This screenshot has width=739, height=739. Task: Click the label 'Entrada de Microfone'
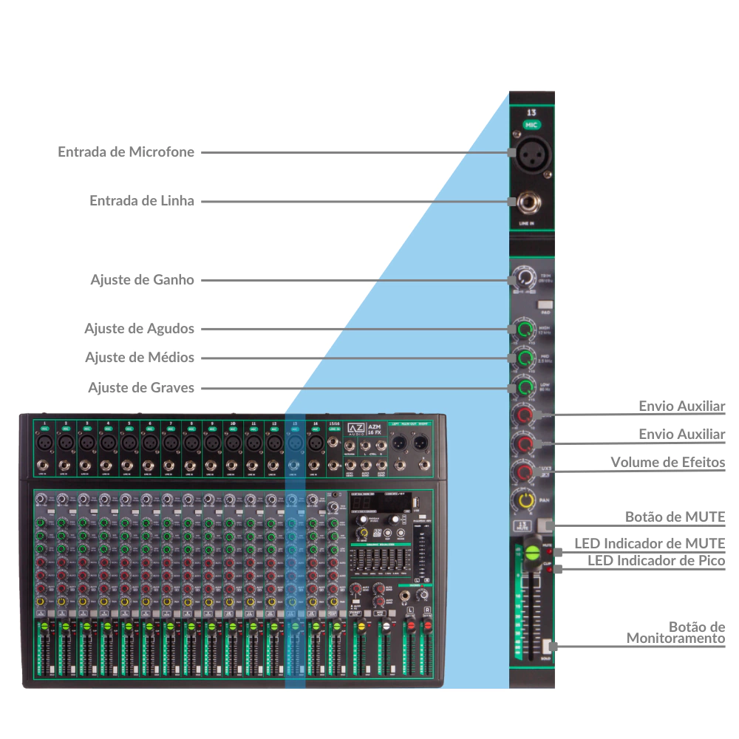126,152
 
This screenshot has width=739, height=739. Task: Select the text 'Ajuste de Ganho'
143,280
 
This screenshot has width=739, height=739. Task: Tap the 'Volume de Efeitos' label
667,463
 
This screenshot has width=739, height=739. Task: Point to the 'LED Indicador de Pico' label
656,561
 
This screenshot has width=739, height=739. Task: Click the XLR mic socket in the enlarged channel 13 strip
530,153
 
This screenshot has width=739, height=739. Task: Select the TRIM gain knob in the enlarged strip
524,279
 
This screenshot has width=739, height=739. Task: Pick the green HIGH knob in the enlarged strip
525,329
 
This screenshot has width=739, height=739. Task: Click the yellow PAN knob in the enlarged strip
525,501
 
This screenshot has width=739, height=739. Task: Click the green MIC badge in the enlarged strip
531,126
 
